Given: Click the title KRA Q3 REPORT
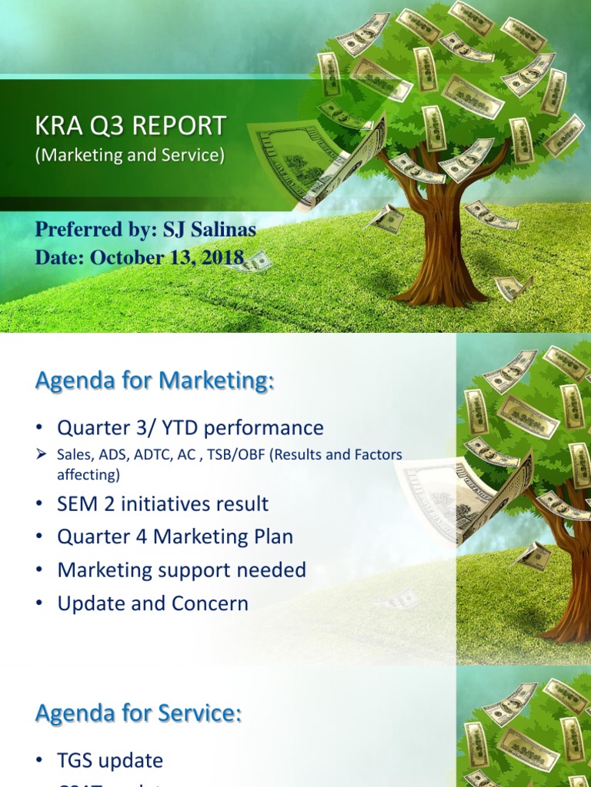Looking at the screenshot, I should point(131,126).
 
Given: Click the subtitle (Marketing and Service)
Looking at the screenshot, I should point(130,155).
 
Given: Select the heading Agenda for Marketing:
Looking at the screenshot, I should point(154,380).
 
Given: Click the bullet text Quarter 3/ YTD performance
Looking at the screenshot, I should point(190,428).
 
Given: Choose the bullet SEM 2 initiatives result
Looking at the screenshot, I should point(162,504).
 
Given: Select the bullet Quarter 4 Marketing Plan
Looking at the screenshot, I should point(175,537).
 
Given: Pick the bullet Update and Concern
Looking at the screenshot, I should point(152,604).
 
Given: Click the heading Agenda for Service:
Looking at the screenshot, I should point(139,713).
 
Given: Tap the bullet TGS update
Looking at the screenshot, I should point(110,761).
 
